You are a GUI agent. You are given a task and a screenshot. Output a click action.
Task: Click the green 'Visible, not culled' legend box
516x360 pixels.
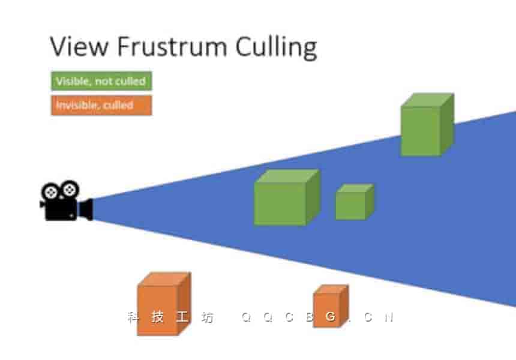click(x=101, y=81)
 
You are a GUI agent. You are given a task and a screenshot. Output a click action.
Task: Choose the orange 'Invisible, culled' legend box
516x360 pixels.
click(x=101, y=106)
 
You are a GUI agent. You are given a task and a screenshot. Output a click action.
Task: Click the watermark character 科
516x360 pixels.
click(x=133, y=317)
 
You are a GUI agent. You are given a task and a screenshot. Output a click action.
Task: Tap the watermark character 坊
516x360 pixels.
click(x=207, y=317)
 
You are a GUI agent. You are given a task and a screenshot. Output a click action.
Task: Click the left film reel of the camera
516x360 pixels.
click(x=52, y=191)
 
